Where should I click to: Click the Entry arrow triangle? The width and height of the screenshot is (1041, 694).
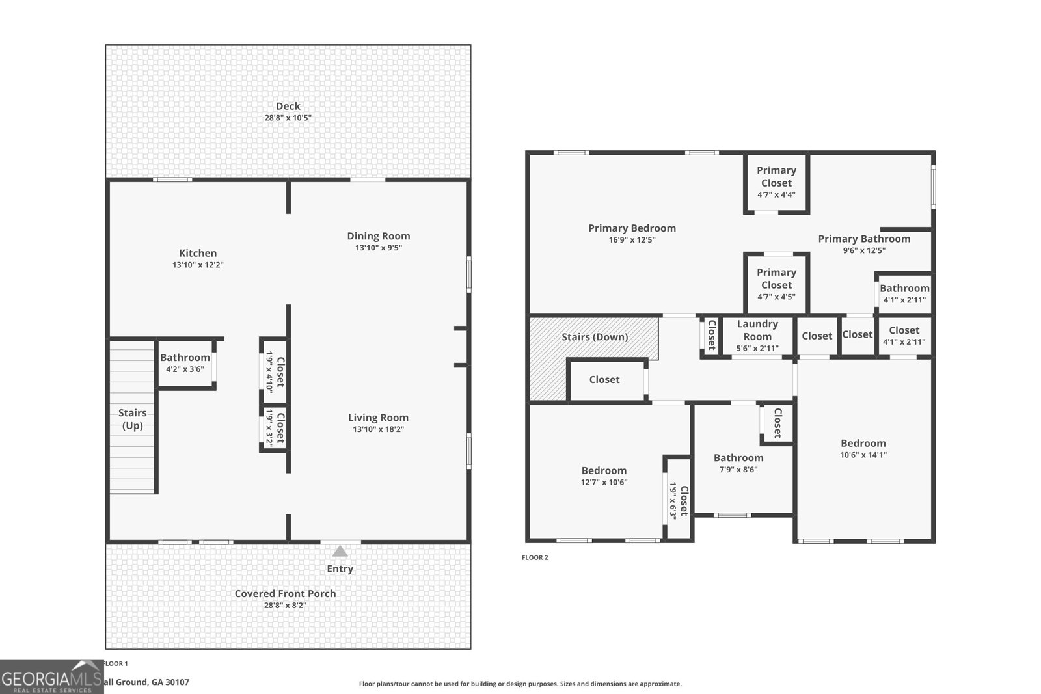[340, 551]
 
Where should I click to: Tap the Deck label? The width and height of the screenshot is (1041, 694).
[288, 107]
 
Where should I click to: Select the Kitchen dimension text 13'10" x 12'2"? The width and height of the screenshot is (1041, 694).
[198, 265]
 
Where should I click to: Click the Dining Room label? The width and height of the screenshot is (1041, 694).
[378, 236]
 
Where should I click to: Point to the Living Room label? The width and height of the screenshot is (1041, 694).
[378, 418]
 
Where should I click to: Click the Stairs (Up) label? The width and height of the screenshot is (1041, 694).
[133, 419]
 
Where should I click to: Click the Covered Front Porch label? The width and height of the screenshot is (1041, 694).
[285, 594]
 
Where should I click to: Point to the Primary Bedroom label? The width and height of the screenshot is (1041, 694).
[632, 228]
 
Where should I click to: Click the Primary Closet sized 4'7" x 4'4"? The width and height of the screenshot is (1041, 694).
[777, 183]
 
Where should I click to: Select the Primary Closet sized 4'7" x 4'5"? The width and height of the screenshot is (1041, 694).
[777, 284]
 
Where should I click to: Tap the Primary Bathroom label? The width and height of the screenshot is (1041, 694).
[864, 239]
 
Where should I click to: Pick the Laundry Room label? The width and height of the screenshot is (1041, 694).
[757, 330]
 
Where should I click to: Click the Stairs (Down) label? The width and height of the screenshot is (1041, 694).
[595, 337]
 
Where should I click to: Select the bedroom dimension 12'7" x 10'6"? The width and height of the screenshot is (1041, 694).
[604, 482]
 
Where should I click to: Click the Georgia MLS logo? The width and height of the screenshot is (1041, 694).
[51, 677]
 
